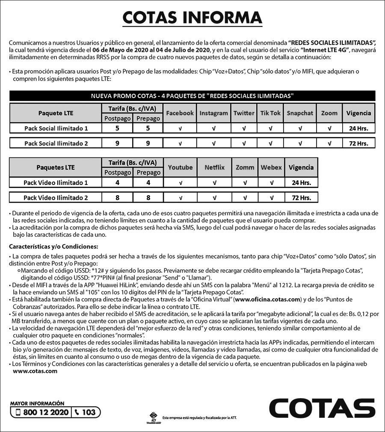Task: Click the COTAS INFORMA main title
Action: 192,18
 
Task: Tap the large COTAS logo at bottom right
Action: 322,409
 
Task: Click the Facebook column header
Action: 180,113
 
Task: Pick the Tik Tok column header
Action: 270,113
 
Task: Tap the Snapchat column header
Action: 300,113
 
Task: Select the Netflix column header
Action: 214,167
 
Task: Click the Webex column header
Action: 271,167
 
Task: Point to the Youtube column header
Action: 180,167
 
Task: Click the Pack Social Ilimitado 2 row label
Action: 56,143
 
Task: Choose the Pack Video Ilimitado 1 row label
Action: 56,183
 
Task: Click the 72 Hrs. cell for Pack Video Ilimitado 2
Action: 301,198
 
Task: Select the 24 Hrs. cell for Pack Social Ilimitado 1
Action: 358,128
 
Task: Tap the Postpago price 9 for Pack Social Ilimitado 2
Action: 117,143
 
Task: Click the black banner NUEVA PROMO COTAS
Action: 192,95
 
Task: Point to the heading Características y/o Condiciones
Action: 53,247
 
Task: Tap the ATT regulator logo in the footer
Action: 153,417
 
